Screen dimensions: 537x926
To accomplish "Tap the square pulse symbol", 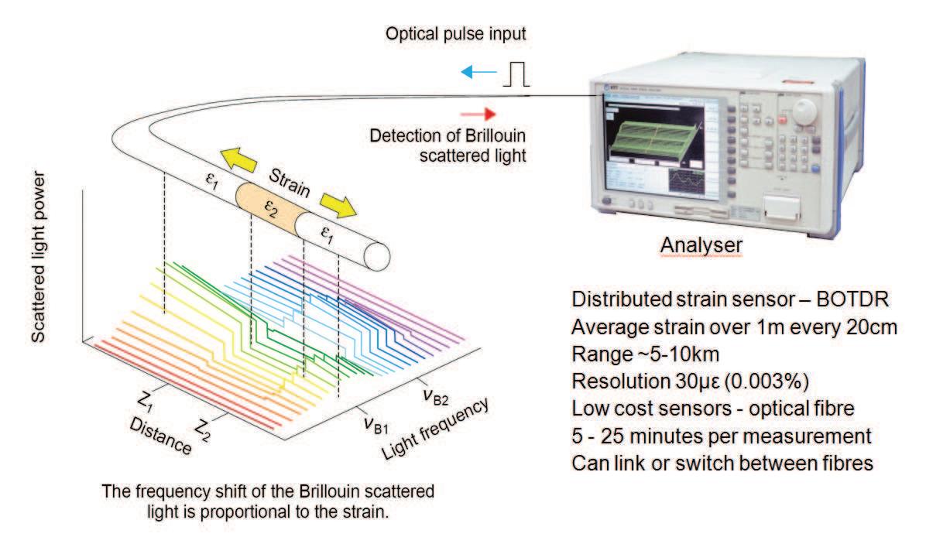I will [x=517, y=74].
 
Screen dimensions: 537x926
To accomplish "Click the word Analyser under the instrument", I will [x=702, y=245].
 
